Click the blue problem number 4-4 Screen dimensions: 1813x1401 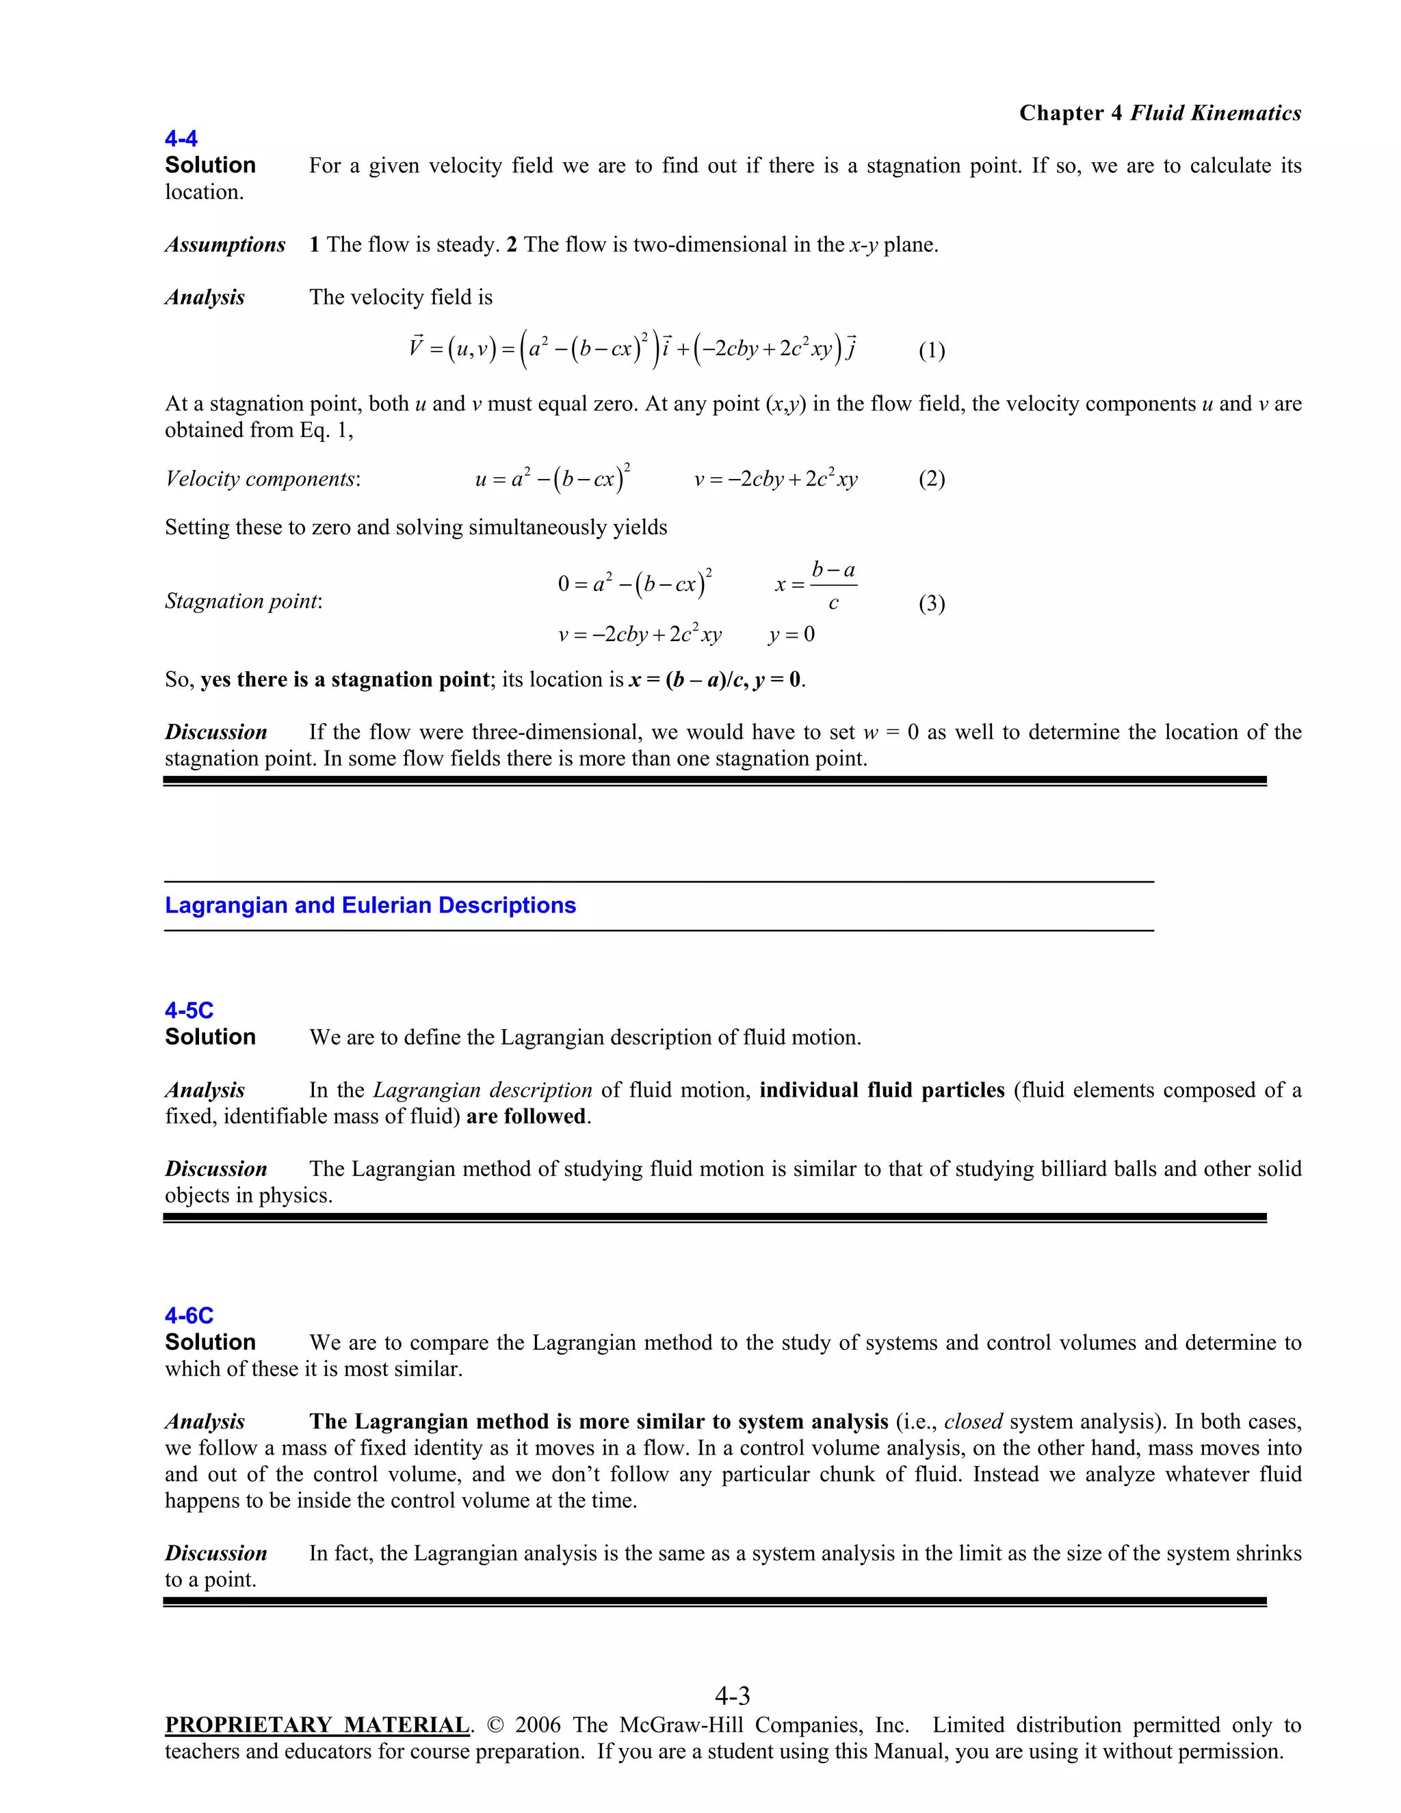(x=181, y=139)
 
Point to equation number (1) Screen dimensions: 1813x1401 (x=931, y=350)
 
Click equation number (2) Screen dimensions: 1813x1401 (x=931, y=479)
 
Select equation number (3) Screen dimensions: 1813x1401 (x=931, y=603)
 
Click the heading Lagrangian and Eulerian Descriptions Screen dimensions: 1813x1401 (x=370, y=906)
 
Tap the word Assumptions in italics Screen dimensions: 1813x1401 (x=225, y=245)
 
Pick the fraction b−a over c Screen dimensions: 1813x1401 (x=833, y=585)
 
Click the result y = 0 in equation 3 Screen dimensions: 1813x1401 (x=791, y=635)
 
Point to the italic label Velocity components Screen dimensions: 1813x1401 (x=261, y=479)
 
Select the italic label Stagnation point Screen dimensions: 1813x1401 (x=242, y=601)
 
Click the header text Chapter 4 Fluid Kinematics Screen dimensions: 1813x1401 (x=1160, y=113)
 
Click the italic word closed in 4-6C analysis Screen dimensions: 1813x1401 (x=973, y=1422)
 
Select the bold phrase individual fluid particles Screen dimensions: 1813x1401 (x=881, y=1090)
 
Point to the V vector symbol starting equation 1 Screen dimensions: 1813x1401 (x=417, y=347)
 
